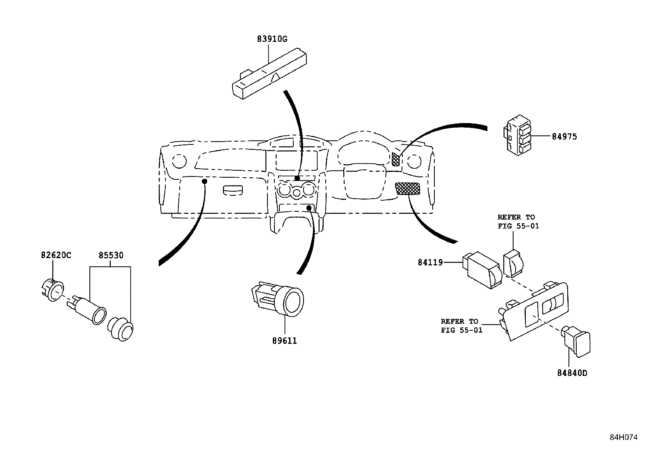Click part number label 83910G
(272, 39)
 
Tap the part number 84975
(564, 137)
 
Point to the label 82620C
(56, 255)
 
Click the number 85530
(111, 255)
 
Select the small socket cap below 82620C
(53, 290)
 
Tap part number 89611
(284, 341)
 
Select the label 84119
(430, 262)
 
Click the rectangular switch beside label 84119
(482, 270)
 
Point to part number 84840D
(572, 373)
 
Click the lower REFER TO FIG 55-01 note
(461, 325)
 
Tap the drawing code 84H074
(623, 437)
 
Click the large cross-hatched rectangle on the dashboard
(407, 189)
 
